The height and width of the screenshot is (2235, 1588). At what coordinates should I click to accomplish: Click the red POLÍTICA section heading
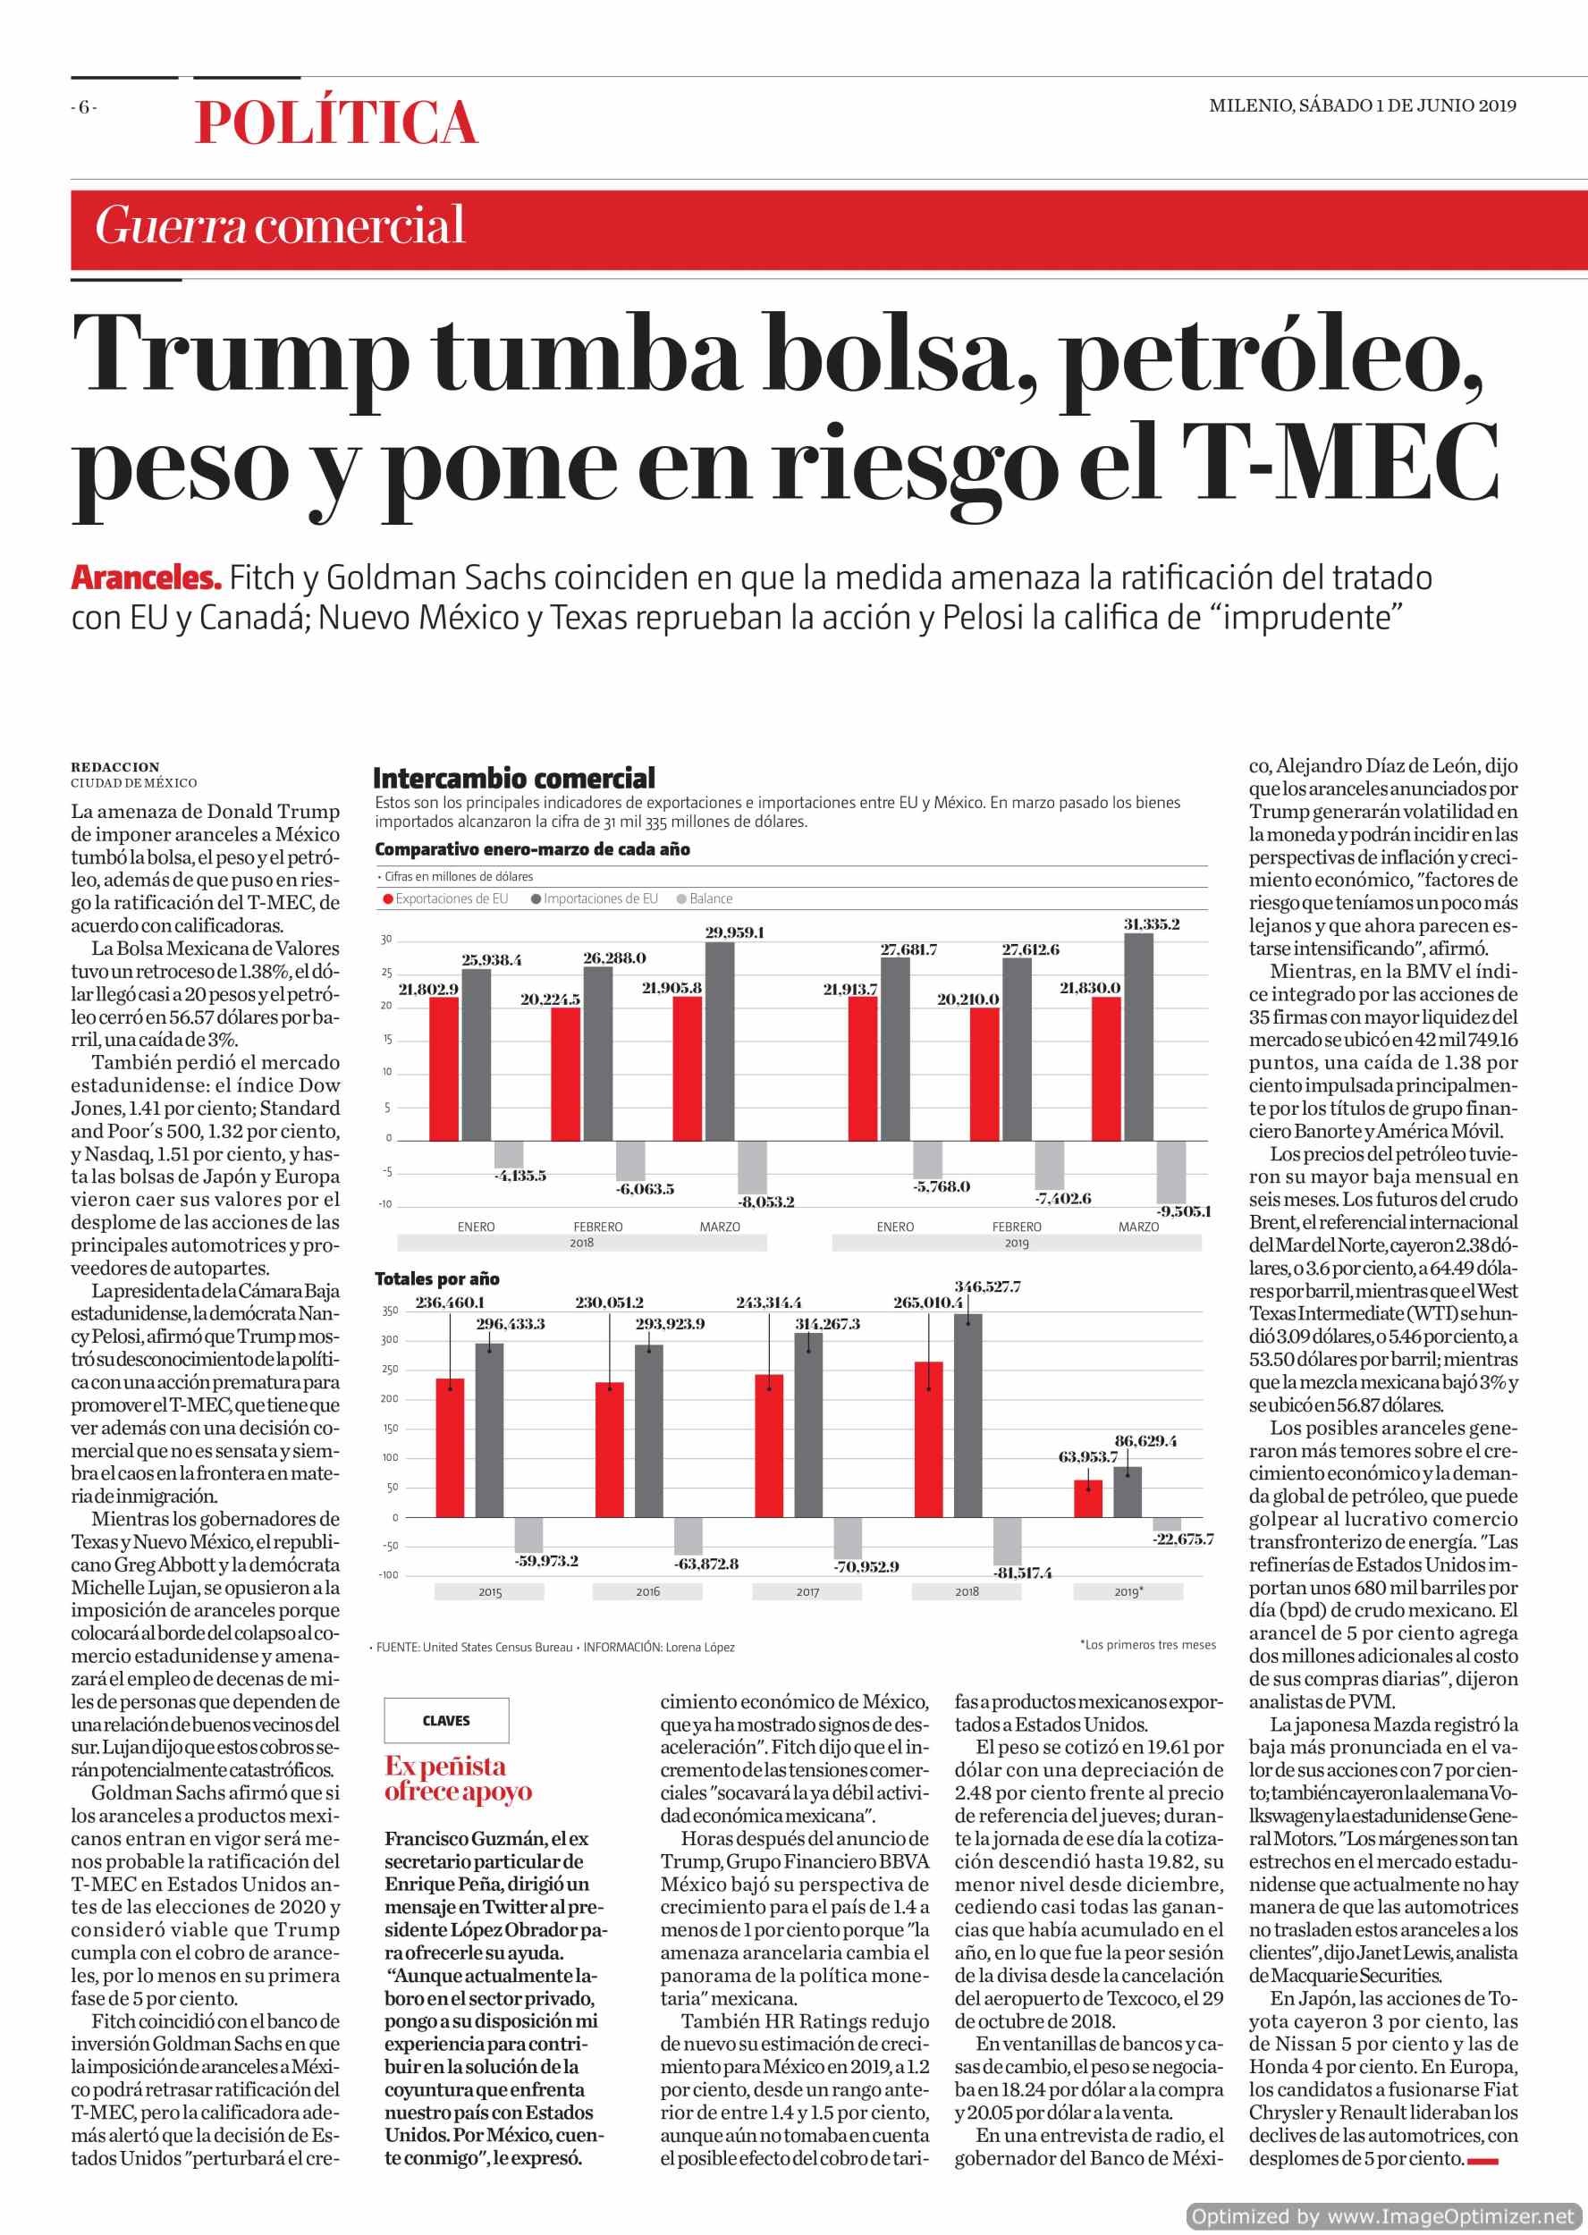pos(335,122)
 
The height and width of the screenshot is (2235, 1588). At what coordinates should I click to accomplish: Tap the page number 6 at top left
pos(84,106)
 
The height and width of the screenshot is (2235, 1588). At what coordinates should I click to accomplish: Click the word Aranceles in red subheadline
pos(146,578)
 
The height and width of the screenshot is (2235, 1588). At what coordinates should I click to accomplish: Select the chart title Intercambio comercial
pos(514,779)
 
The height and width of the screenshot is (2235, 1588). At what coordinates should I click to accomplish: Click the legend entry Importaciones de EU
pos(595,898)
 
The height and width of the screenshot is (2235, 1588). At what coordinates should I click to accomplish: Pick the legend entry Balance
pos(704,898)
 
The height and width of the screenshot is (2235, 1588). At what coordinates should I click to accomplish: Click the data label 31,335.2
pos(1151,924)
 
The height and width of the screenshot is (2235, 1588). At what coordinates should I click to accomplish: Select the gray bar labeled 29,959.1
pos(720,1042)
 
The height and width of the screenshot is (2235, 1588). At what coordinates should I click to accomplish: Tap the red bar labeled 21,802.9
pos(443,1068)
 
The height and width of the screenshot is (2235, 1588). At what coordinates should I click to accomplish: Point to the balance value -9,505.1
pos(1184,1211)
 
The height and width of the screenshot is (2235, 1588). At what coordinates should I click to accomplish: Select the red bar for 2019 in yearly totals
pos(1088,1499)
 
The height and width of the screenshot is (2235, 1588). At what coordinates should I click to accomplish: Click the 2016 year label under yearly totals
pos(647,1591)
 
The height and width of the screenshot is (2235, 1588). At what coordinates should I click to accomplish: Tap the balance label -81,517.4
pos(1023,1573)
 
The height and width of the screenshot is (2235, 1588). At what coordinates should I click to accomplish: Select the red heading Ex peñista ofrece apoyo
pos(458,1778)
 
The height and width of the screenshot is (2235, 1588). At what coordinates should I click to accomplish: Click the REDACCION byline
pos(115,767)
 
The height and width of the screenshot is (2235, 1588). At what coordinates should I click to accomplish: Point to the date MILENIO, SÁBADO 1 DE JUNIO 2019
pos(1362,105)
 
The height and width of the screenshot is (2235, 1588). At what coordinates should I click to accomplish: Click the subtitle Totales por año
pos(437,1278)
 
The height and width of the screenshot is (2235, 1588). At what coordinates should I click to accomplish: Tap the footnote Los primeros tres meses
pos(1148,1644)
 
